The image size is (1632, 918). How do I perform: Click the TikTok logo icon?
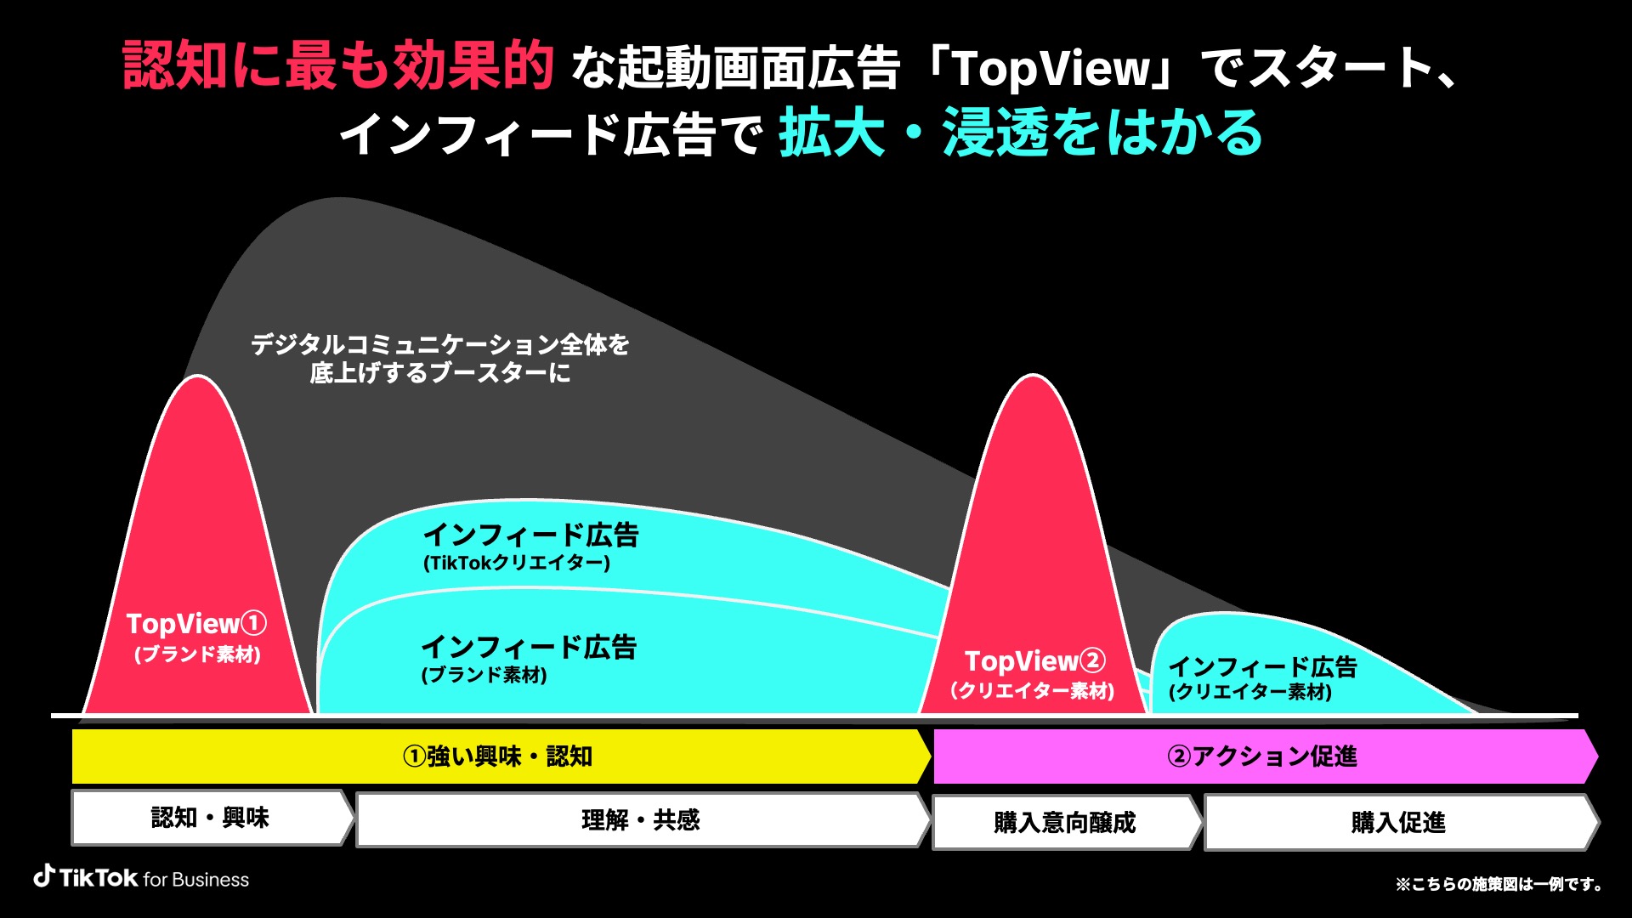44,875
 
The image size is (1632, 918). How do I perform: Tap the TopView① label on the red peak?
196,624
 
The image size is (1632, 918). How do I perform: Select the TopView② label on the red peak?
1035,661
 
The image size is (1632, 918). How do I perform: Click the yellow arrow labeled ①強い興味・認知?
501,756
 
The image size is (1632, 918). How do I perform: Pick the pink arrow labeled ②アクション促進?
1266,756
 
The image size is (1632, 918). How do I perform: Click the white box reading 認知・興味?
212,818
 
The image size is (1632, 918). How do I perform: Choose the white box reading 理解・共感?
643,820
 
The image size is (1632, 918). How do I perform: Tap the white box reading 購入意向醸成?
1066,822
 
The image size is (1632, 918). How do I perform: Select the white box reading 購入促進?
1401,822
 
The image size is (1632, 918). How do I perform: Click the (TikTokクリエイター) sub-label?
517,563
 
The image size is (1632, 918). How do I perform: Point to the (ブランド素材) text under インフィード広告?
484,675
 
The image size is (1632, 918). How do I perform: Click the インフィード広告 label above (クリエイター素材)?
1263,666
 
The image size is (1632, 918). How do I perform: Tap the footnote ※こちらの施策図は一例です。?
1499,884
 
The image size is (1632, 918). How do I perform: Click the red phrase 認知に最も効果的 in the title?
338,65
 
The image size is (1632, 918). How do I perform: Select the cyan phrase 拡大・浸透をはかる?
1021,133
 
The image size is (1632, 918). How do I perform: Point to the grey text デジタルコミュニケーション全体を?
440,344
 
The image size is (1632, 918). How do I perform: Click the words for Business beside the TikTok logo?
196,880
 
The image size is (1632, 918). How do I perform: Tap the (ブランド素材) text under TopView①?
197,654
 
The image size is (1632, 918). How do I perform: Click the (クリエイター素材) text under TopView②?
1033,691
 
